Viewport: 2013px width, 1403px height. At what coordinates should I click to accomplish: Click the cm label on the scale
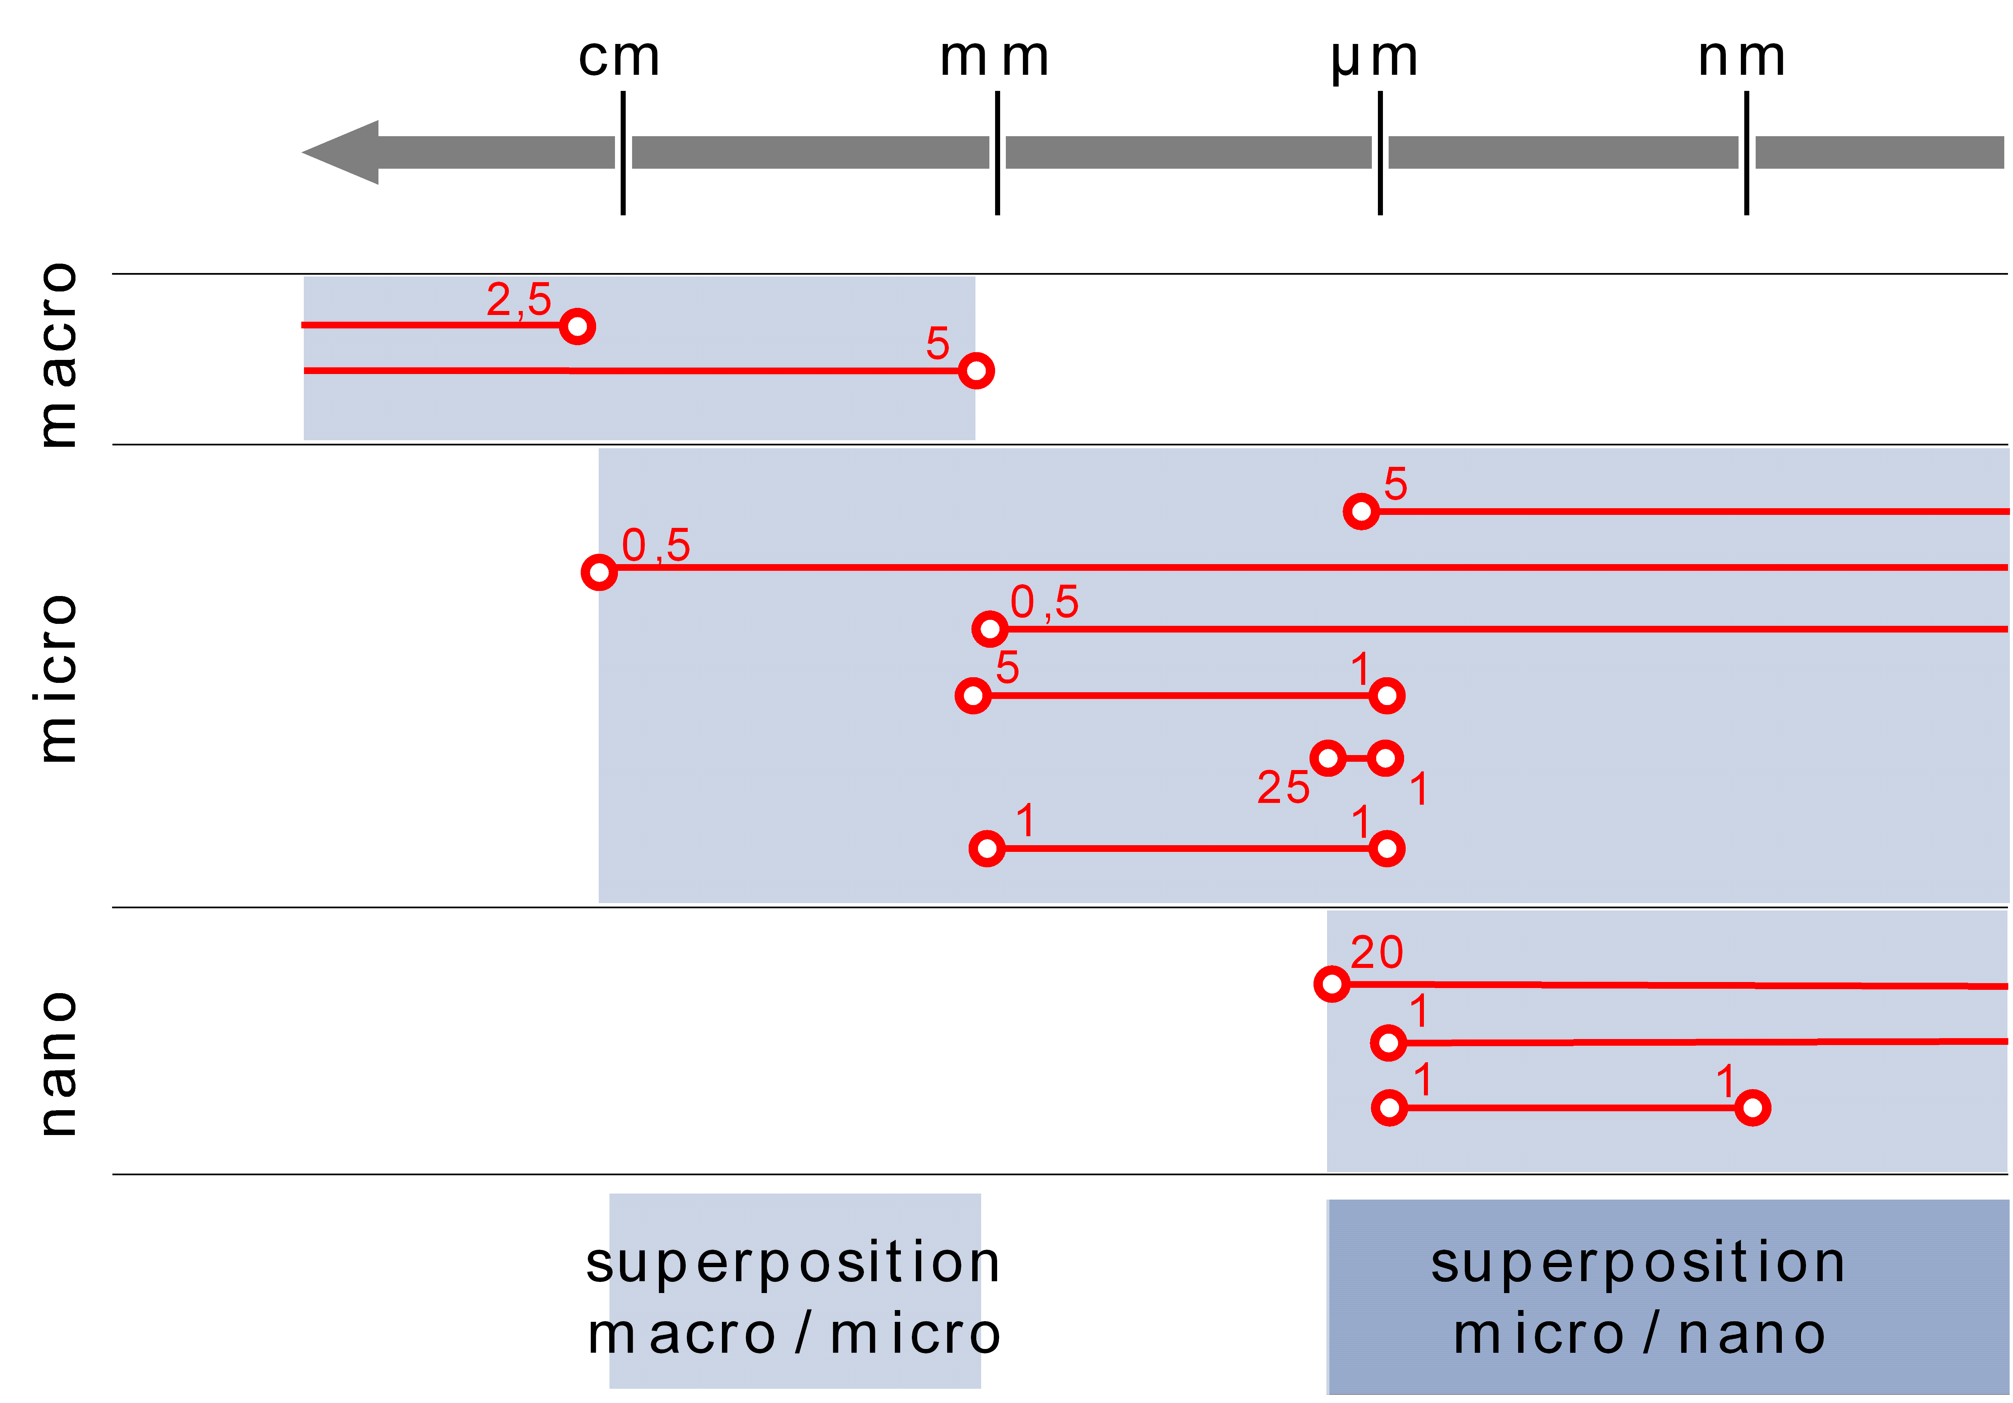pyautogui.click(x=619, y=58)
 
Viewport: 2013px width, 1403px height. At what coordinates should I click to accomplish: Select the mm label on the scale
pyautogui.click(x=994, y=58)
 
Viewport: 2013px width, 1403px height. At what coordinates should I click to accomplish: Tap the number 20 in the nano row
pyautogui.click(x=1377, y=953)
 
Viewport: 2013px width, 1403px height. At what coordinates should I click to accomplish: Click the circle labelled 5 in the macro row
pyautogui.click(x=976, y=371)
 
